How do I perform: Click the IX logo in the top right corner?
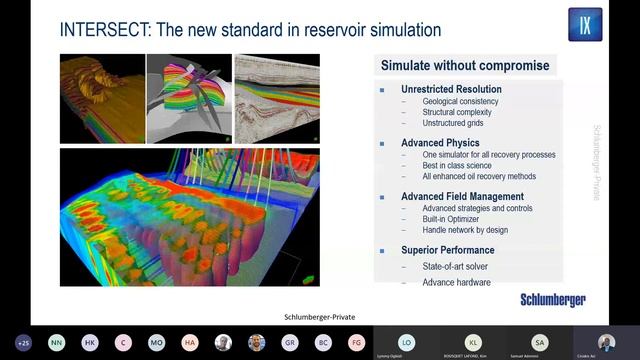(585, 24)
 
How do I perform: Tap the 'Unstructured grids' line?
(458, 124)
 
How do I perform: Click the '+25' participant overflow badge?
(23, 342)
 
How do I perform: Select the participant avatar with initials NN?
(56, 342)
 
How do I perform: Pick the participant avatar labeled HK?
(90, 342)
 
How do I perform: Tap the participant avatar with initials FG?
(356, 342)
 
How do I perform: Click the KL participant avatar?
(473, 341)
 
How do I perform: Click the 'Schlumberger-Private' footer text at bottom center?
(313, 316)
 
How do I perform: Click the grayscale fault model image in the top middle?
(189, 98)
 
